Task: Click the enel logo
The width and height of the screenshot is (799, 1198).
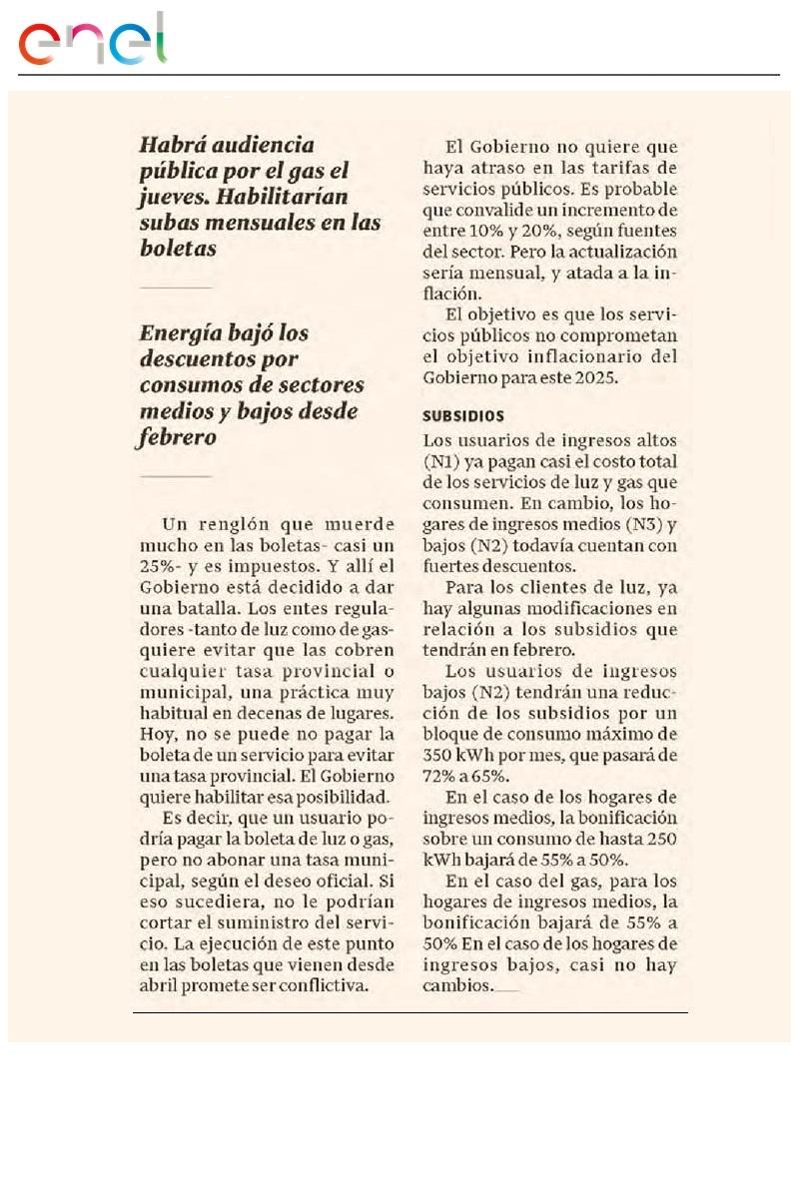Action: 92,41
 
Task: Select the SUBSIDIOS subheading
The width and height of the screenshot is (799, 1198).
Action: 463,415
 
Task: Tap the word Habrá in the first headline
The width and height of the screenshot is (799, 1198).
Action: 170,146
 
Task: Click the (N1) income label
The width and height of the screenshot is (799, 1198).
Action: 441,462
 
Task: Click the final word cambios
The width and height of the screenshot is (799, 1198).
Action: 457,986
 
